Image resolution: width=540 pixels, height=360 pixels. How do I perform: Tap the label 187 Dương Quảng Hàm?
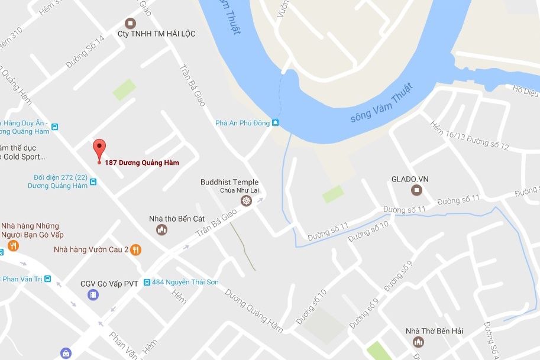click(x=142, y=163)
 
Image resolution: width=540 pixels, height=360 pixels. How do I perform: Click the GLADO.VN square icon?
click(x=417, y=190)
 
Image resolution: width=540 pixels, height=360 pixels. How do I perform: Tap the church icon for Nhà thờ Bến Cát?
click(x=161, y=230)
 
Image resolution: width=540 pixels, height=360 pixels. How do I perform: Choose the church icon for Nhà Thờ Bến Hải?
click(x=419, y=342)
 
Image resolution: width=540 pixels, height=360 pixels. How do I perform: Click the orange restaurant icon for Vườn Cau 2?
click(x=137, y=249)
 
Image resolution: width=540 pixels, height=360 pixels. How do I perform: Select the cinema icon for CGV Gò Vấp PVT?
click(x=93, y=294)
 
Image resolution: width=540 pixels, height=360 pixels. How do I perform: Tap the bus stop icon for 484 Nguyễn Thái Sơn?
click(x=147, y=282)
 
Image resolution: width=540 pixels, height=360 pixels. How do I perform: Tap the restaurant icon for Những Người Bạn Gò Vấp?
click(x=12, y=245)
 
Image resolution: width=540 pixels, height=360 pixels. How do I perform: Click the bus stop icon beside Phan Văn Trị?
click(x=47, y=279)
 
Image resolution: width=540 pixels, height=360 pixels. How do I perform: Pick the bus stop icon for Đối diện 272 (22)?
click(x=93, y=181)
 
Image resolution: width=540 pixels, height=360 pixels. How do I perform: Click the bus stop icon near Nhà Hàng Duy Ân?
click(x=55, y=127)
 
